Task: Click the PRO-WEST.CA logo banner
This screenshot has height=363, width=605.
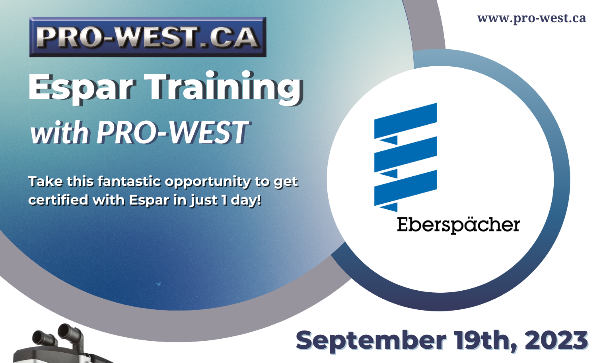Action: coord(148,37)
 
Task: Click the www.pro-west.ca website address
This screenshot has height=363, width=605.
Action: coord(531,18)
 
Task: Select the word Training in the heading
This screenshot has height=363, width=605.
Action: coord(223,87)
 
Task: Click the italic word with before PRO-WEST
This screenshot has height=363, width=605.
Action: coord(59,133)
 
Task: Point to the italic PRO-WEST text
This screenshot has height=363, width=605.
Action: coord(172,133)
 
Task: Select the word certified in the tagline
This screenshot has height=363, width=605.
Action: coord(58,200)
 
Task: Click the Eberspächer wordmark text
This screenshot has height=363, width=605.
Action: coord(458,225)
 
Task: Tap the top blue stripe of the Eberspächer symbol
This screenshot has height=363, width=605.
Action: coord(405,121)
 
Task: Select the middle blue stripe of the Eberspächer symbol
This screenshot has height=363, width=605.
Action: coord(405,154)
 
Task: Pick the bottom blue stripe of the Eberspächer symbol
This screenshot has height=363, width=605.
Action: coord(405,188)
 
